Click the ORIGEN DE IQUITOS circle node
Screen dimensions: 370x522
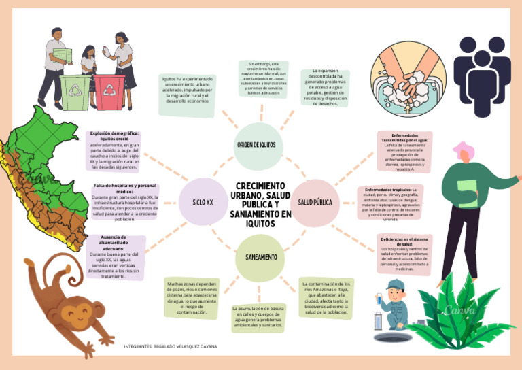click(256, 145)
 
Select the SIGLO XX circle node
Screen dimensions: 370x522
click(203, 202)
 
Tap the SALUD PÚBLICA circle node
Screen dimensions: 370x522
click(315, 202)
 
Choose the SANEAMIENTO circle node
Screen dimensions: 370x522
click(256, 258)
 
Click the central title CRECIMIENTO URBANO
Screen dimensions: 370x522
click(260, 203)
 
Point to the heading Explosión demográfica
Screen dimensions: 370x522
click(114, 135)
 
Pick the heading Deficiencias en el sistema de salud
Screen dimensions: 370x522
click(404, 241)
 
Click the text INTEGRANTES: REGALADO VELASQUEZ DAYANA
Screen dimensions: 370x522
click(171, 346)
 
